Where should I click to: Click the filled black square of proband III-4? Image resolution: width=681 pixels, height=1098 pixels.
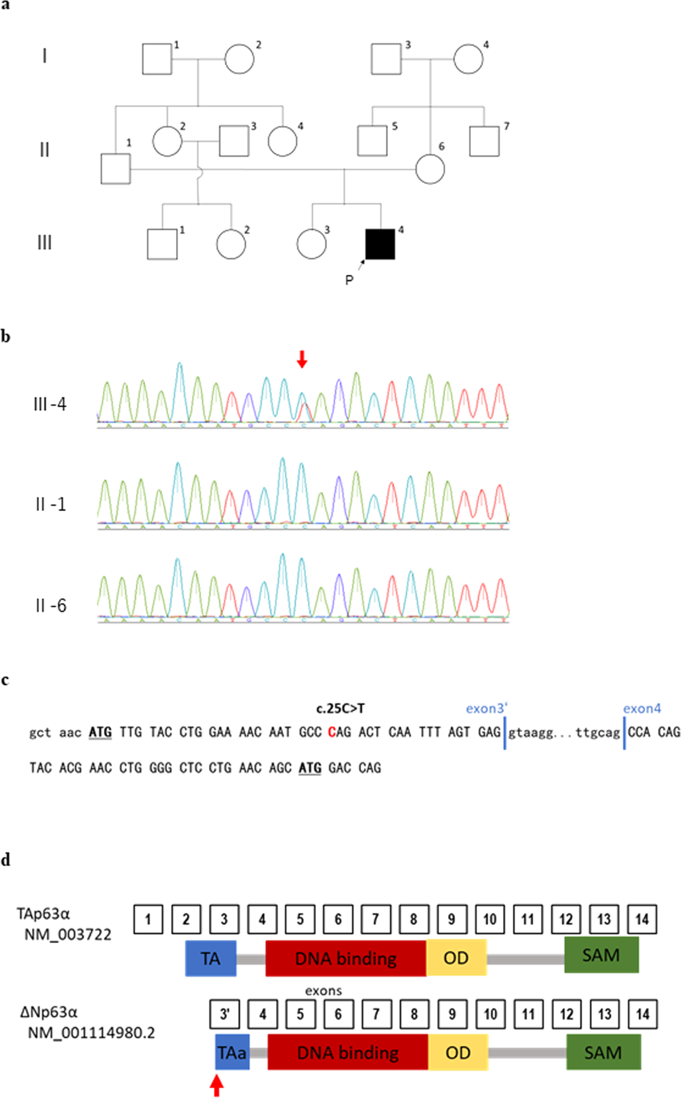[380, 244]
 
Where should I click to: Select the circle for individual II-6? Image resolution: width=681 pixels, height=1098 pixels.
[430, 169]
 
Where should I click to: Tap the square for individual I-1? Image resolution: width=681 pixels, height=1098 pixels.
[157, 59]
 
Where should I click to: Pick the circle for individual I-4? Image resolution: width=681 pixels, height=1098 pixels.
[468, 59]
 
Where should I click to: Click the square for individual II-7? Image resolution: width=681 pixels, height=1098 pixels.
[485, 141]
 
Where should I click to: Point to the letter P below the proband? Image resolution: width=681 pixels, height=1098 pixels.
[349, 280]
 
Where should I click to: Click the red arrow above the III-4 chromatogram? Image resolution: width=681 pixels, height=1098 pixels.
[302, 359]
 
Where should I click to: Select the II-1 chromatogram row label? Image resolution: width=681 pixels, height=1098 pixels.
[51, 504]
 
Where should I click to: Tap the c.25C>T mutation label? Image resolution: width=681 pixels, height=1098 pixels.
[340, 708]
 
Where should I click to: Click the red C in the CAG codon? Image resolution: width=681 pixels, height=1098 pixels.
[331, 733]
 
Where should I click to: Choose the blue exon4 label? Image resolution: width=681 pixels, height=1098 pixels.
[642, 709]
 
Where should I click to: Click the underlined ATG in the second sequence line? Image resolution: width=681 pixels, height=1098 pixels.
[310, 768]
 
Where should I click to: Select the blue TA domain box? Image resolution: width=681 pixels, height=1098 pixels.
[211, 958]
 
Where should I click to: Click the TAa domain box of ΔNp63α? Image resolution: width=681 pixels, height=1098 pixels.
[232, 1053]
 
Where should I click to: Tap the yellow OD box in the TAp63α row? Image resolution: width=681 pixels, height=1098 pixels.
[456, 958]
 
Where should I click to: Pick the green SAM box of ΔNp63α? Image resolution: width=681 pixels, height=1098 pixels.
[603, 1053]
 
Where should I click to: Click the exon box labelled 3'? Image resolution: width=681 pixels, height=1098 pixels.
[224, 1014]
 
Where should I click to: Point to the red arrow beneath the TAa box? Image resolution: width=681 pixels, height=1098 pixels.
[217, 1086]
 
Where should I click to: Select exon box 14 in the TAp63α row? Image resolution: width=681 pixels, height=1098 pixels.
[642, 919]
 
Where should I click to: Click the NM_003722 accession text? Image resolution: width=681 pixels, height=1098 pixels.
[68, 934]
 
